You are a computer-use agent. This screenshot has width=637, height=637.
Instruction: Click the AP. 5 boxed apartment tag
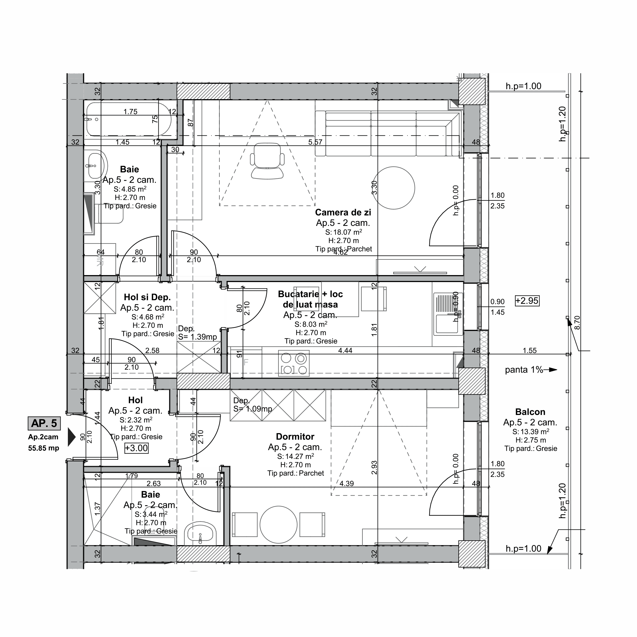(44, 423)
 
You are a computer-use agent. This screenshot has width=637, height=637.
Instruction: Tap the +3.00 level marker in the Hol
(137, 448)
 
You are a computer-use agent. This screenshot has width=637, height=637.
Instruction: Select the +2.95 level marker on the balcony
(527, 301)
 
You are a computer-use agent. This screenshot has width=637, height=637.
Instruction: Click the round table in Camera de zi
(394, 188)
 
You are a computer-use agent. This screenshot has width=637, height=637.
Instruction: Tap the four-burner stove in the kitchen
(294, 363)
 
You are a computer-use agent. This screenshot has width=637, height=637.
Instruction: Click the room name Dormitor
(295, 436)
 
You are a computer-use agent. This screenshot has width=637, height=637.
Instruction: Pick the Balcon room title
(530, 412)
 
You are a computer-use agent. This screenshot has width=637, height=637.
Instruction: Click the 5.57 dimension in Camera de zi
(315, 142)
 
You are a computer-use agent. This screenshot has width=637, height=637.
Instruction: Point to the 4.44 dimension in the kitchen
(345, 350)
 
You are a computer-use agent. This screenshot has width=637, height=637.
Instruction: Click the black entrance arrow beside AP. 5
(71, 437)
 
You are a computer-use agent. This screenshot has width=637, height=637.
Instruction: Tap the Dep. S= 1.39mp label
(197, 333)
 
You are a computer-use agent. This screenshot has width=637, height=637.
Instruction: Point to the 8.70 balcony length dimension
(577, 323)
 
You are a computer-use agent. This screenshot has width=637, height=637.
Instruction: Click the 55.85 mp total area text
(44, 448)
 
